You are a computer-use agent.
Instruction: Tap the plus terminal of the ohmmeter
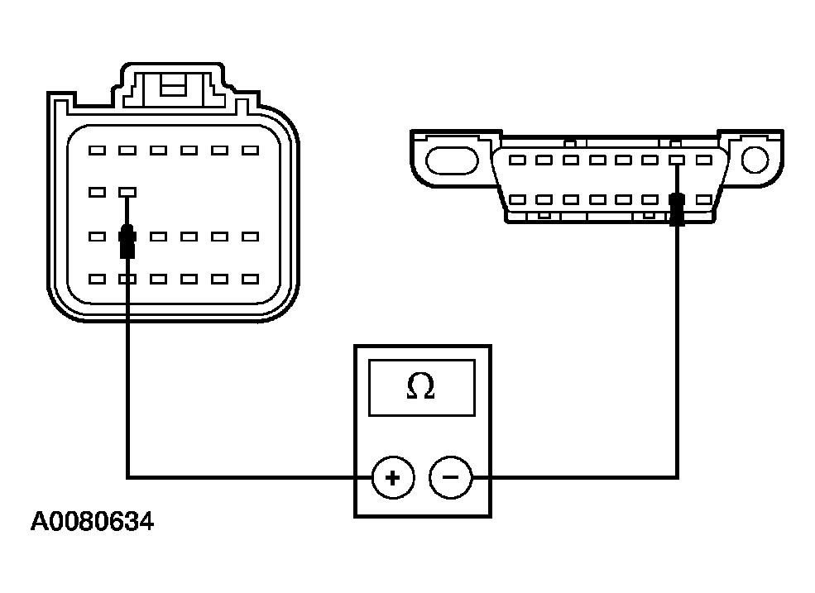(392, 478)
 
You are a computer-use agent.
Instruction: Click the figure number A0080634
(92, 522)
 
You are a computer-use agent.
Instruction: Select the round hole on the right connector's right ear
(755, 157)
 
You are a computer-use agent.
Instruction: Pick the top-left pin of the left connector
(97, 151)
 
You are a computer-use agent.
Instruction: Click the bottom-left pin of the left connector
(97, 280)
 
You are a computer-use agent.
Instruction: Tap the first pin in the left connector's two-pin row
(97, 192)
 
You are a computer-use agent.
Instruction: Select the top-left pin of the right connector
(516, 160)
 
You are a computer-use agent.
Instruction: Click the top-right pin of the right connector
(704, 160)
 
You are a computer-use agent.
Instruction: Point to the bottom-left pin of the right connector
(516, 199)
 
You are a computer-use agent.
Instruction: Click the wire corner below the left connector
(127, 476)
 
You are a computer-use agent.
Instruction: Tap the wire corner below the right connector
(677, 476)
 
